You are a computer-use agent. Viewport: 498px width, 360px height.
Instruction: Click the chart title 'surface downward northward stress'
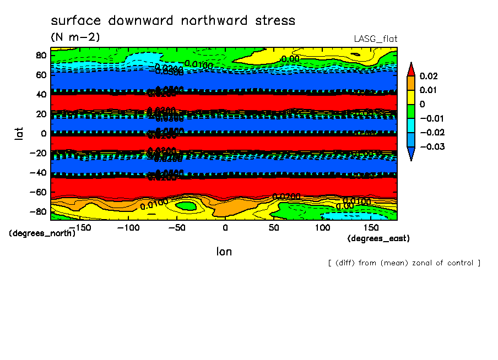173,21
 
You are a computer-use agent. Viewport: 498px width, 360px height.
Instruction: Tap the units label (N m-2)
75,37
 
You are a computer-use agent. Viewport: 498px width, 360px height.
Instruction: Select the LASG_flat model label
375,39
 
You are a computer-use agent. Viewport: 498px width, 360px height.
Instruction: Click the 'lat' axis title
19,133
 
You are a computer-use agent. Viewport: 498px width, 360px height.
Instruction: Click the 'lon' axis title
224,252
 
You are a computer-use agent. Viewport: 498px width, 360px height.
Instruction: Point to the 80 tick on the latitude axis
41,55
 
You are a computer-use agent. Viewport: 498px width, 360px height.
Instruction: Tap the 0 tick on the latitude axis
43,133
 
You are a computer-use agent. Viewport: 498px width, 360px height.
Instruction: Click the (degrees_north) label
42,233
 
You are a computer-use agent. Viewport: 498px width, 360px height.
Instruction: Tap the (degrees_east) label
378,238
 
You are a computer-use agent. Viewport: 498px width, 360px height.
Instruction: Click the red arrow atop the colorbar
411,68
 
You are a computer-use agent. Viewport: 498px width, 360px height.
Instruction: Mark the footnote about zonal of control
404,263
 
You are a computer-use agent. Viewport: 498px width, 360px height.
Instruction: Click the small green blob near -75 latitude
186,206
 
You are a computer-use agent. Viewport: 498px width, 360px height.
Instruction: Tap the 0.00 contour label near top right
290,59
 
